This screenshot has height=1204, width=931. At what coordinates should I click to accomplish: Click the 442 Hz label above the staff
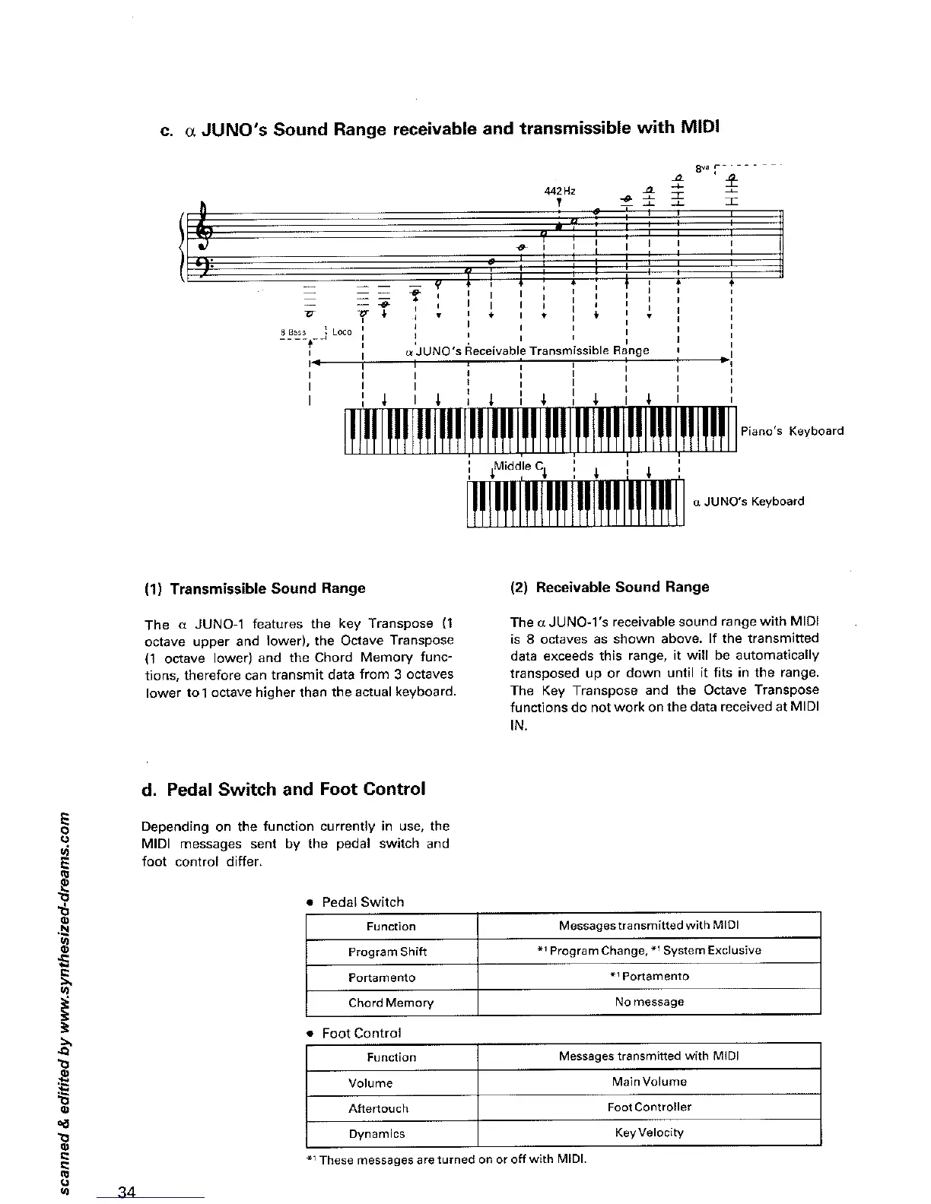point(559,191)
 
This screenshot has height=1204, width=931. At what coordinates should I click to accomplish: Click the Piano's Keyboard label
point(792,431)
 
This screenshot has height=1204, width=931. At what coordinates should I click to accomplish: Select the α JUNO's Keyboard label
point(748,502)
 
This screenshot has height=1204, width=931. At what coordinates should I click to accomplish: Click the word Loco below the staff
point(342,331)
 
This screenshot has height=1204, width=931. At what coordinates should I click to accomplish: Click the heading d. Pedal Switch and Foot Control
point(284,789)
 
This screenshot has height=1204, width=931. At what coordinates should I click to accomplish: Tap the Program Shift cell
point(387,952)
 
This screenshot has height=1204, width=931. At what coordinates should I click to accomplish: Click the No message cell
point(649,1002)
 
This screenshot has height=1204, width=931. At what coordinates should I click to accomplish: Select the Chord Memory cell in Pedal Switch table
point(391,1003)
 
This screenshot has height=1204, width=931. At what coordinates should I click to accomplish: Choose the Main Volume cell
point(649,1082)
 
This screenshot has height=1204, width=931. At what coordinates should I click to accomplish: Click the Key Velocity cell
point(649,1133)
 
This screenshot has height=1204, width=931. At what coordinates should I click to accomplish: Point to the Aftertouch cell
point(378,1108)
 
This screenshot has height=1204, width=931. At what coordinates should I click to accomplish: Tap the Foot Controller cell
point(649,1107)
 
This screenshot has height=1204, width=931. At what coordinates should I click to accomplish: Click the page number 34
point(126,1190)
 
